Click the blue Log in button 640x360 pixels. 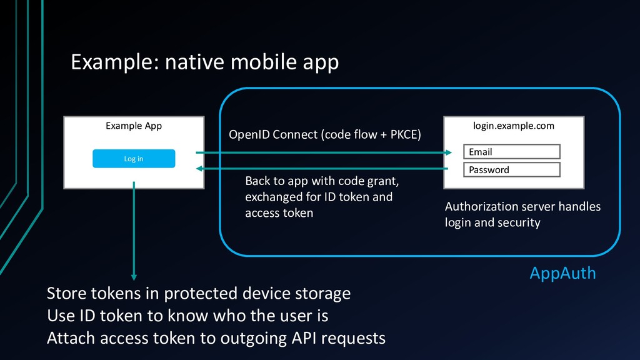tap(134, 158)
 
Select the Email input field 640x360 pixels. tap(512, 151)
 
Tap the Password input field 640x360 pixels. tap(512, 169)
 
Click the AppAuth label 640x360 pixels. tap(562, 274)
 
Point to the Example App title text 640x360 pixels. tap(134, 126)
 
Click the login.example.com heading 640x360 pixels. tap(514, 126)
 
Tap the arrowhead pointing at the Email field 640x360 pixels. tap(449, 152)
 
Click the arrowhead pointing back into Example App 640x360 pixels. tap(199, 168)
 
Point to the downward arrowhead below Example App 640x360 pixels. tap(134, 277)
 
